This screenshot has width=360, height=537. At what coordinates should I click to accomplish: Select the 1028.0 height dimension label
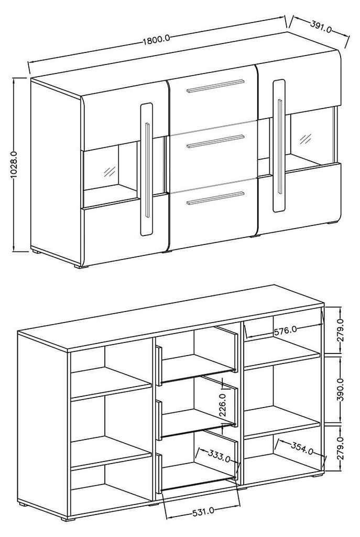(x=15, y=164)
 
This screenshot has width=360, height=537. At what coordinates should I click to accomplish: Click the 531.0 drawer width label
(x=201, y=510)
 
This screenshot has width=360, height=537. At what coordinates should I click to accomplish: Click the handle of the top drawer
(x=216, y=87)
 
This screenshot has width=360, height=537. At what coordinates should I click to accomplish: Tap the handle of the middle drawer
(x=216, y=141)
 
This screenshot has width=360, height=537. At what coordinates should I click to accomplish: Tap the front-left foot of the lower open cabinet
(x=66, y=521)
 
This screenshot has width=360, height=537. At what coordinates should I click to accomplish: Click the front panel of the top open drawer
(x=157, y=363)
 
